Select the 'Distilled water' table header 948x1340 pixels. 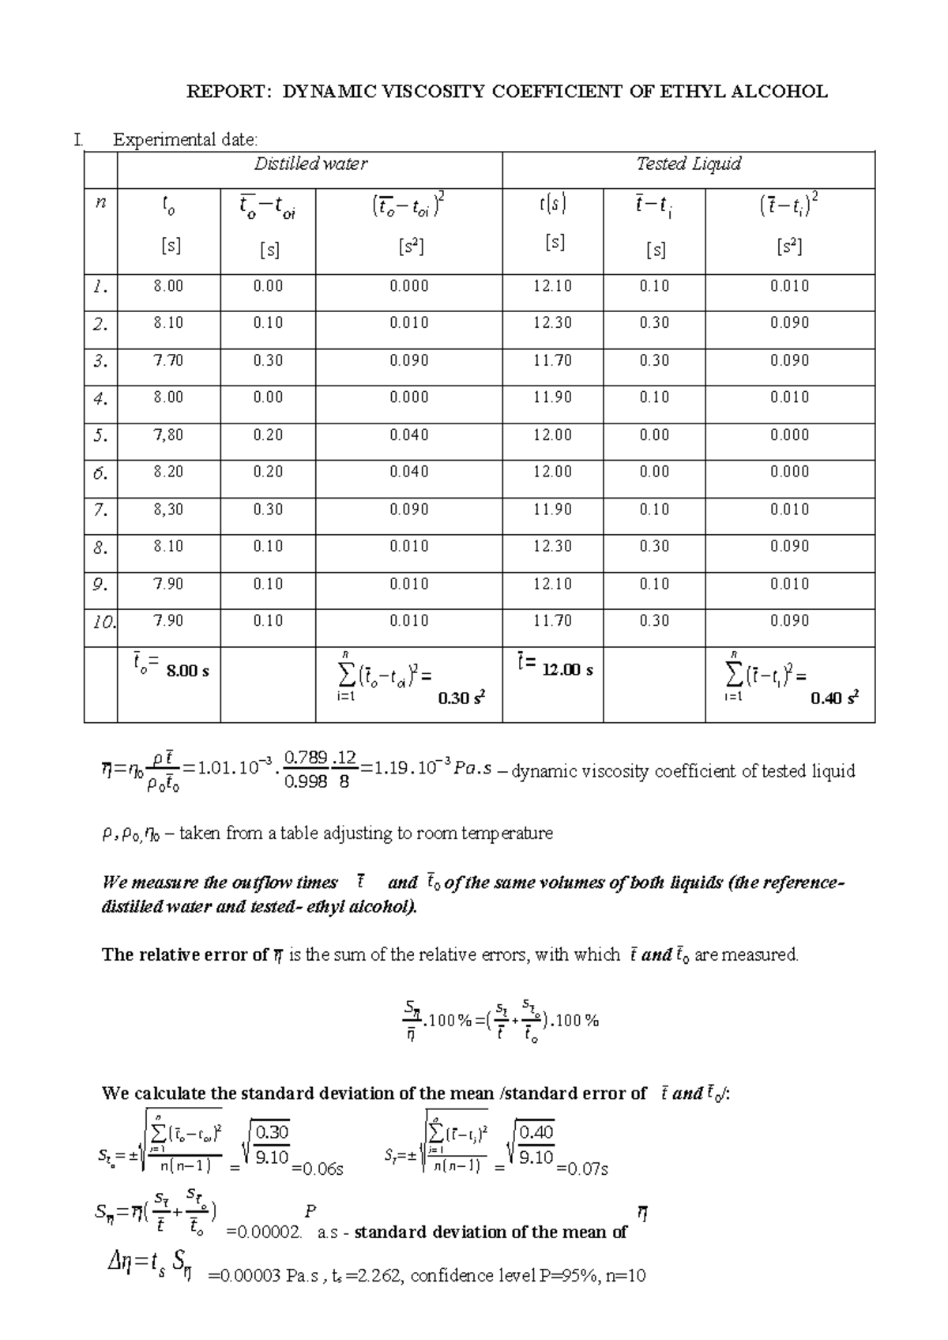(x=310, y=164)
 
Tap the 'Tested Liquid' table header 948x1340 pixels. (x=688, y=164)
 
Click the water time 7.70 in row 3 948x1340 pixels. (x=168, y=360)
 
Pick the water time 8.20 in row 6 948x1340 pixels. (x=168, y=472)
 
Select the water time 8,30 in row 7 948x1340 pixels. (x=168, y=510)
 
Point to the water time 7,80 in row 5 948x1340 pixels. (x=168, y=435)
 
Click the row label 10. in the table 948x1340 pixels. (x=101, y=621)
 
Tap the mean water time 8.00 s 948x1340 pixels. (x=187, y=672)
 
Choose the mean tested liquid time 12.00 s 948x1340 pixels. (x=566, y=670)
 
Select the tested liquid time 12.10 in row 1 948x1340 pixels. (x=552, y=286)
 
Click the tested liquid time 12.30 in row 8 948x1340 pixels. (x=552, y=547)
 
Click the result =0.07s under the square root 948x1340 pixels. (x=582, y=1169)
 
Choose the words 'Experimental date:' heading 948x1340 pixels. (x=185, y=141)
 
